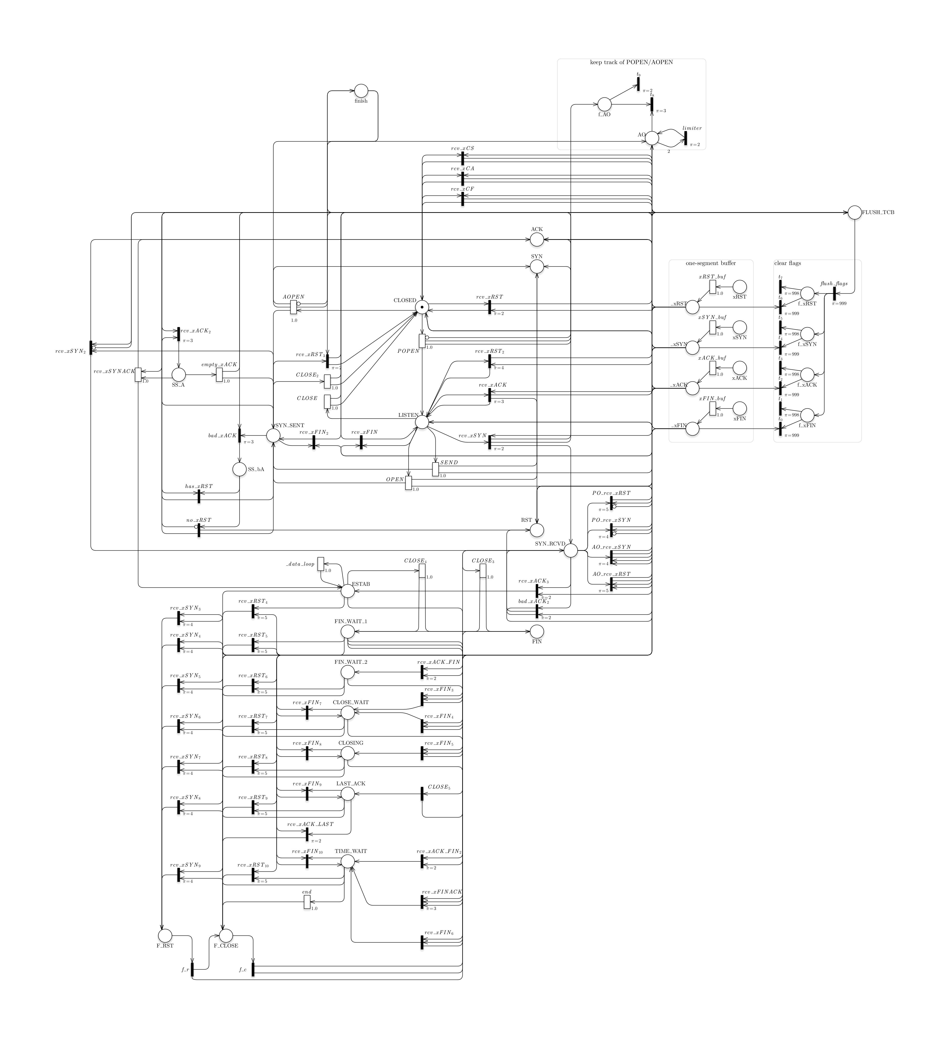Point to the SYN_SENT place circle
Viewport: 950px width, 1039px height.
[x=273, y=436]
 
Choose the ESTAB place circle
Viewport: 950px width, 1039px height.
[x=348, y=591]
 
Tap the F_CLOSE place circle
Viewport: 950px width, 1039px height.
[x=226, y=935]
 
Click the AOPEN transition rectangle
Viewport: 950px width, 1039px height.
[x=294, y=307]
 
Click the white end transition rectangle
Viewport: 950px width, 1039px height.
[x=307, y=902]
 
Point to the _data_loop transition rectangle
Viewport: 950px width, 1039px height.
[x=321, y=564]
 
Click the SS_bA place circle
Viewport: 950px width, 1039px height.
[x=240, y=469]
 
